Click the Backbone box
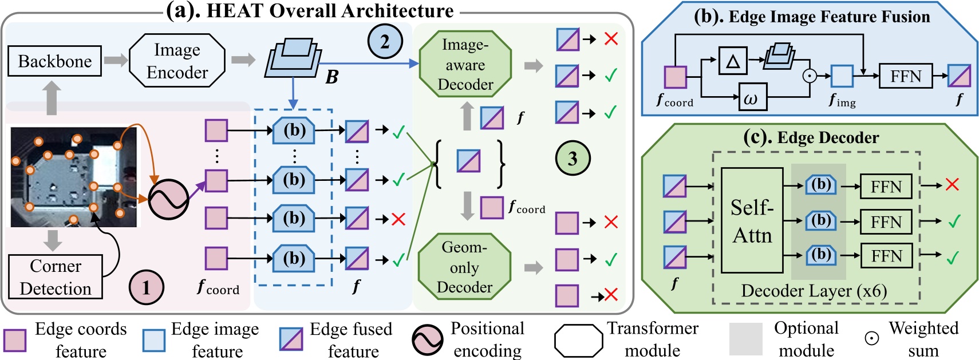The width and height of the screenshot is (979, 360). click(x=54, y=61)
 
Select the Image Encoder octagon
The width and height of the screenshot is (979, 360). click(x=177, y=61)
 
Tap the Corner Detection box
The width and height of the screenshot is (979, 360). click(x=56, y=277)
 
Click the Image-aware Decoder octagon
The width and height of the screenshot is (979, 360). click(x=465, y=64)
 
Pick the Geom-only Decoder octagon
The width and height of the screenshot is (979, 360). click(x=464, y=267)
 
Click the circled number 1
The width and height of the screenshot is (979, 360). click(x=146, y=287)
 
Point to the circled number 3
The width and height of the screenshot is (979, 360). click(x=573, y=159)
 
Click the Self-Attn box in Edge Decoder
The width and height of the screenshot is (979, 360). click(x=752, y=220)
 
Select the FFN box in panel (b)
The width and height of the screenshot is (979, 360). click(x=905, y=76)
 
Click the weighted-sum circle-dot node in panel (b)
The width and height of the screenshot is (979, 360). click(x=809, y=76)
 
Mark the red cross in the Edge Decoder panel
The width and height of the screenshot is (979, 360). click(x=952, y=185)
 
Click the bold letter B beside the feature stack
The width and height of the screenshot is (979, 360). click(x=331, y=77)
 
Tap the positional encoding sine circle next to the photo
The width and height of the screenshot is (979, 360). click(x=168, y=199)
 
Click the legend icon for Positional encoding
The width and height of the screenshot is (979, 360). click(x=427, y=339)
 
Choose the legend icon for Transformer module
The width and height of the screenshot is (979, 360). click(x=578, y=340)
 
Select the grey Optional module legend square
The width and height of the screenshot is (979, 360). click(x=745, y=339)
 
